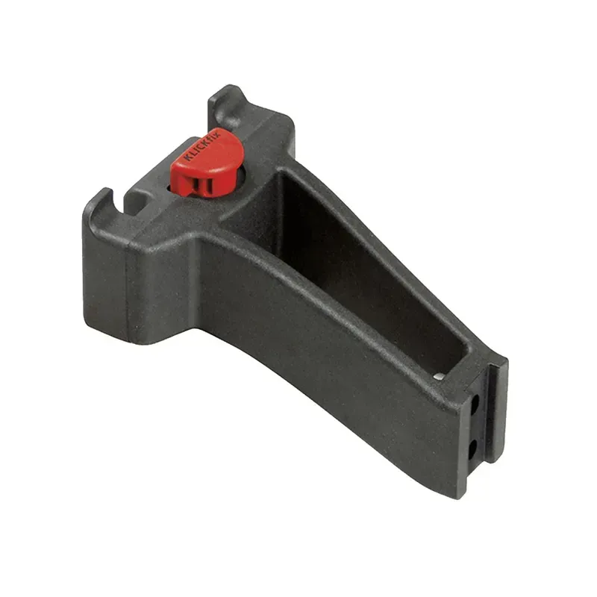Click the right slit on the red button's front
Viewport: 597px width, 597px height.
(x=210, y=184)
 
